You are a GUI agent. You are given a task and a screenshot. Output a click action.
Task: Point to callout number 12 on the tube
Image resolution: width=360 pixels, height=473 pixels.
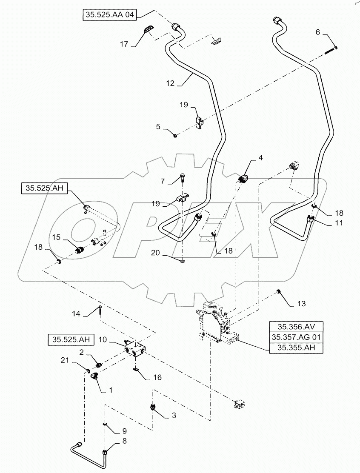click(x=170, y=84)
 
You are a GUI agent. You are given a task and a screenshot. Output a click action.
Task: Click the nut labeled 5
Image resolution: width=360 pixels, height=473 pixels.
click(x=175, y=135)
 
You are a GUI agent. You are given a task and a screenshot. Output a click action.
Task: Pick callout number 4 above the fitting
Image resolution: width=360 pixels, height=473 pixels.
click(x=260, y=158)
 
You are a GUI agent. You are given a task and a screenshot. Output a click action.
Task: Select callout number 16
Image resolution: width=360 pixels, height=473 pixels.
click(x=157, y=377)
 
